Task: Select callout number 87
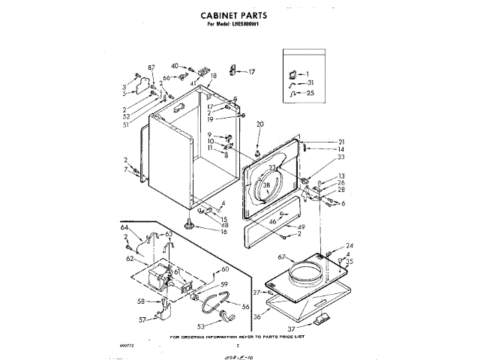click(151, 67)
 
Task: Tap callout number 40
click(174, 66)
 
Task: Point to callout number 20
click(261, 124)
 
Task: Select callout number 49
click(301, 226)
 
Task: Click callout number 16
click(223, 232)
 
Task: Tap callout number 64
click(125, 228)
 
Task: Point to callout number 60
click(224, 269)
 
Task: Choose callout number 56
click(244, 306)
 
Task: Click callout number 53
click(200, 326)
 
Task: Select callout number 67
click(282, 257)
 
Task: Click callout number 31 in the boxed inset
click(310, 82)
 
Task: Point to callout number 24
click(349, 246)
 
